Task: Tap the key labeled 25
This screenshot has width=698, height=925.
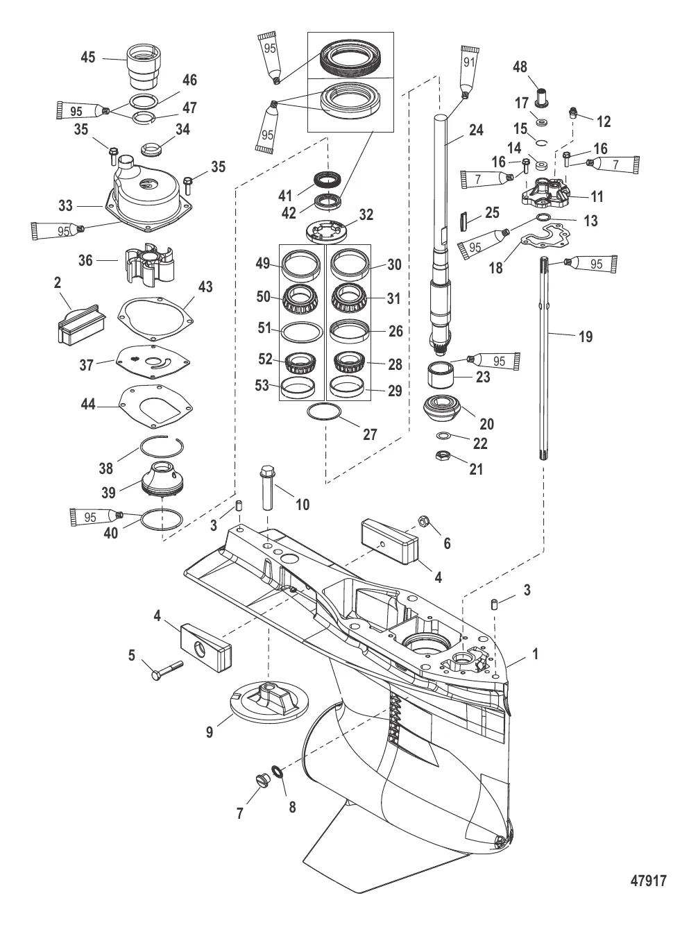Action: pos(466,223)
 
